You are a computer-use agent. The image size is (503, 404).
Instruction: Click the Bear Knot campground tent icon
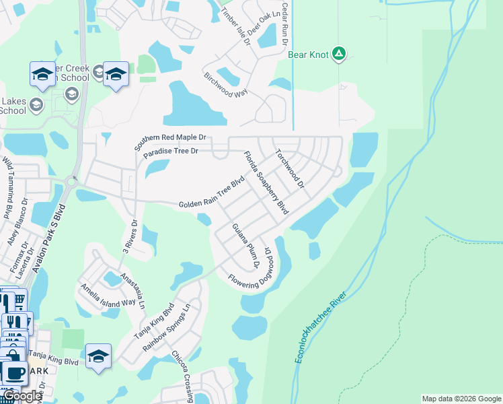coord(340,53)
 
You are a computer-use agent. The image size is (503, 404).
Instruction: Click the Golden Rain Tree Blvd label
coord(211,194)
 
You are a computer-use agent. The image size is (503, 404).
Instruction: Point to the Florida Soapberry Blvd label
coord(266,182)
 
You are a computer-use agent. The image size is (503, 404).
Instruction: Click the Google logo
coord(22,396)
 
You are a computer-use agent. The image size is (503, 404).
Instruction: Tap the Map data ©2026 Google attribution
coord(461,399)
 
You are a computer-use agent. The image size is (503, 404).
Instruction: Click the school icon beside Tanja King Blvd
coord(98,356)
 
